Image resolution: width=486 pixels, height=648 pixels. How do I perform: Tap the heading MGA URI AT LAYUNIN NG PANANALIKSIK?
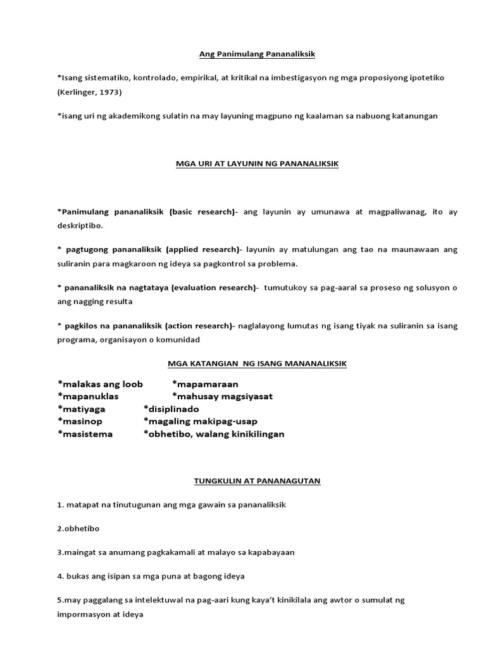(257, 163)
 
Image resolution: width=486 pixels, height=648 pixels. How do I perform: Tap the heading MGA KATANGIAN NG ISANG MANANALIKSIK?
(257, 364)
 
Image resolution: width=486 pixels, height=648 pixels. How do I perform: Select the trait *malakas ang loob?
(100, 384)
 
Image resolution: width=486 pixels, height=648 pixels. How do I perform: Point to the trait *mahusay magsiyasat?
(222, 397)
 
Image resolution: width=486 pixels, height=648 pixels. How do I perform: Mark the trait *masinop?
(80, 421)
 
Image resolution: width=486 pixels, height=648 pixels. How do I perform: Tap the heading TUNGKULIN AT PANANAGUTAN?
(257, 481)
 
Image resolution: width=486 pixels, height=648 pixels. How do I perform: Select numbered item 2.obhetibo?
(78, 528)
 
